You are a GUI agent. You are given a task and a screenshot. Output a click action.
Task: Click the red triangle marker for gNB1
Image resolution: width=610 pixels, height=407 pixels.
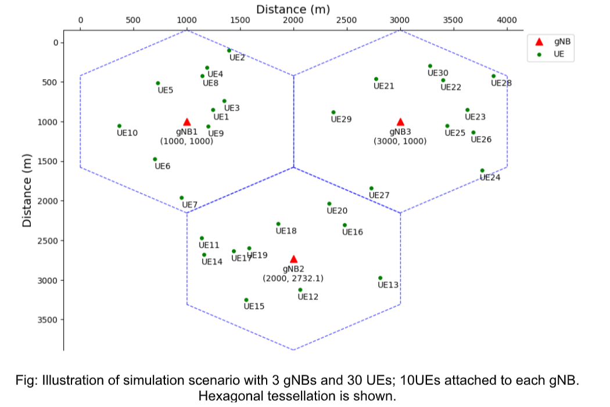coord(187,122)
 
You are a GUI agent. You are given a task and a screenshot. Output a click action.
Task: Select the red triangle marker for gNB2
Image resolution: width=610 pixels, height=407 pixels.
coord(293,259)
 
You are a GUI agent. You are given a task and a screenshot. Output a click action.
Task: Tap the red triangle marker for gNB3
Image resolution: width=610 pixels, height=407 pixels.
coord(400,122)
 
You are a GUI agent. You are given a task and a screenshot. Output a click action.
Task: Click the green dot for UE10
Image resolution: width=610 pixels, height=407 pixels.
coord(119,126)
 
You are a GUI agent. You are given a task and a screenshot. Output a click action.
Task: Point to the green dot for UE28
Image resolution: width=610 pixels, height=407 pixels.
coord(494,76)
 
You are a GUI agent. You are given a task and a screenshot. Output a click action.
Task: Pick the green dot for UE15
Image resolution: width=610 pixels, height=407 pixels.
coord(246,300)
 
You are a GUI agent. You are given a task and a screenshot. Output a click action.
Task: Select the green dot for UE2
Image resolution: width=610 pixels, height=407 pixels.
coord(229,51)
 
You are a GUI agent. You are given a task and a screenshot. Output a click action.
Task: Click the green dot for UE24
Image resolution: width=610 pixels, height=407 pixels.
coord(482,170)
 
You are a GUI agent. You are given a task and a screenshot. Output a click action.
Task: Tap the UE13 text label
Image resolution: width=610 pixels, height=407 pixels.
coord(388,285)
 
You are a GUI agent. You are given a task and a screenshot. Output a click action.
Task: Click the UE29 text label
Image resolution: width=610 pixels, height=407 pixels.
coord(341,120)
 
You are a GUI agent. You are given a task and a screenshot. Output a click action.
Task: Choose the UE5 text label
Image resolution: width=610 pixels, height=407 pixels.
coord(166,91)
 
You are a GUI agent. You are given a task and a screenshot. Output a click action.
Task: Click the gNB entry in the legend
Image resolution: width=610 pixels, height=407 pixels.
coord(555,42)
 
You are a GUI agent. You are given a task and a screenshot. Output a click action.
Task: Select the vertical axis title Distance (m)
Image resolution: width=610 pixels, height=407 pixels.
coord(26,191)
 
